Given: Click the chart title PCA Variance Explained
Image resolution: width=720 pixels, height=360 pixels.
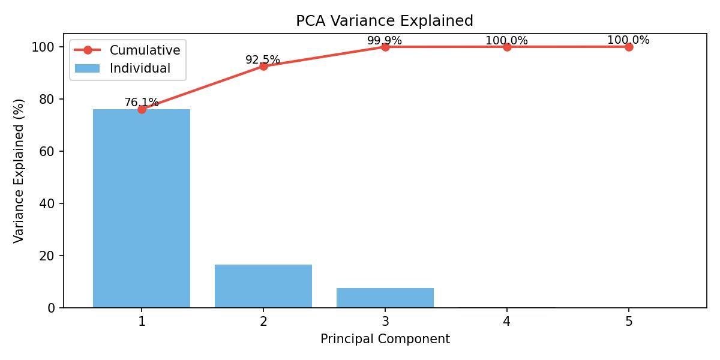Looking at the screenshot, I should tap(385, 21).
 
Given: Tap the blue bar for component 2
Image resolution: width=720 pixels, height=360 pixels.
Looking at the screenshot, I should tap(263, 286).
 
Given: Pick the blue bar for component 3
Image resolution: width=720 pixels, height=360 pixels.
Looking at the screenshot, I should tap(385, 298).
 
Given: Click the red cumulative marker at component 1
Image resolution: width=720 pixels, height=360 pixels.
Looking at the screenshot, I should tap(142, 109).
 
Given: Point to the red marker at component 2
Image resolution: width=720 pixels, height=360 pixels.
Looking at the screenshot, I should tap(263, 66).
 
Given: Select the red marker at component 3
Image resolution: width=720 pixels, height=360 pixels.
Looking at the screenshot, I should tap(385, 47).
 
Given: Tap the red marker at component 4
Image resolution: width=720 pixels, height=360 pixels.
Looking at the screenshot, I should tap(507, 47).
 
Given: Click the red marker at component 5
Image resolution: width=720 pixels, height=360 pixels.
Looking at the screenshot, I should tap(629, 47).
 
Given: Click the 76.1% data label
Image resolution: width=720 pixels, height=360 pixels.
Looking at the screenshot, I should tap(142, 103).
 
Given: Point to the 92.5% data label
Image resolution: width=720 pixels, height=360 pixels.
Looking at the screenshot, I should tap(263, 60).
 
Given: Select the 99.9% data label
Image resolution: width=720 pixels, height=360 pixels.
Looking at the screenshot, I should tap(385, 41).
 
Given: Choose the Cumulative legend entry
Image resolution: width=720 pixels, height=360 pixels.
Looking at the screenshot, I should tap(145, 50).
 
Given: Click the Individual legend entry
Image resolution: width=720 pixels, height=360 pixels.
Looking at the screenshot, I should tap(140, 68).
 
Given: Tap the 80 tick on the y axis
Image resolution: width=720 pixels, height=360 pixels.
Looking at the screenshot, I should tap(48, 99).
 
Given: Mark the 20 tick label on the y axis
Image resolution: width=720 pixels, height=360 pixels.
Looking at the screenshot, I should tap(48, 256).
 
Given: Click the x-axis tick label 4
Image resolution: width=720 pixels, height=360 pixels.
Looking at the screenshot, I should tap(507, 322).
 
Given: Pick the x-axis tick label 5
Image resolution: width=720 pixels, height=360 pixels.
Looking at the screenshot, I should tap(629, 322).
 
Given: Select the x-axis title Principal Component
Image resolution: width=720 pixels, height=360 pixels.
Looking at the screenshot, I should tap(385, 339).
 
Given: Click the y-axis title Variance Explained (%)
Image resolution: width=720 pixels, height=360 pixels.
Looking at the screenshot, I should tap(19, 171).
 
